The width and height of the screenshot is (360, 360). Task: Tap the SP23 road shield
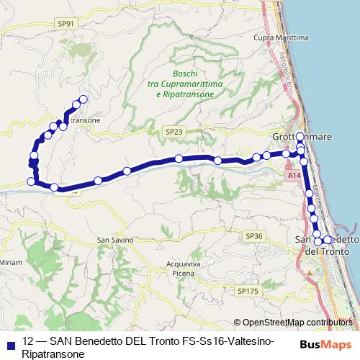click(x=174, y=132)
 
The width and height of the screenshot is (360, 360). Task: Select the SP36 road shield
click(x=253, y=235)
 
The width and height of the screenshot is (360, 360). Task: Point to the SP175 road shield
click(x=246, y=290)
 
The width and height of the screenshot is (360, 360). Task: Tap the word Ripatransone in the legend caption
click(x=54, y=354)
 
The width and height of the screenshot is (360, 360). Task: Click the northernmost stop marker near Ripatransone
click(x=83, y=99)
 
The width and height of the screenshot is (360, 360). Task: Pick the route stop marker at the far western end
click(x=31, y=181)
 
